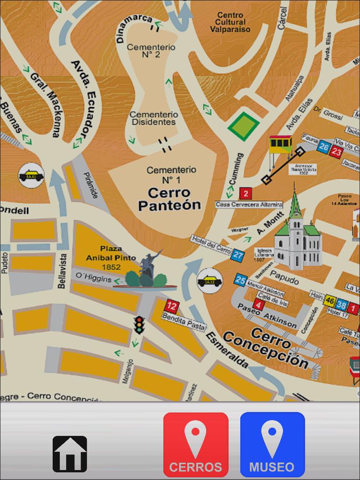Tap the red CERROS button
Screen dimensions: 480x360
[196, 444]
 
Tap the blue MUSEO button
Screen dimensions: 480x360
[272, 444]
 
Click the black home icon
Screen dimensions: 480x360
[70, 454]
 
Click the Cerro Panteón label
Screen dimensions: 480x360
[169, 199]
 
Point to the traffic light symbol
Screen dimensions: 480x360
[139, 324]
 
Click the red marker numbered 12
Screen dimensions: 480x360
[172, 307]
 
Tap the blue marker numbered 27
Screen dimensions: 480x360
[238, 255]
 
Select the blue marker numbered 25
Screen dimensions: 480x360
[240, 280]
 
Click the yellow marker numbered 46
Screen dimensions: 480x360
[330, 300]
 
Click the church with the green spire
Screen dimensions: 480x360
[297, 239]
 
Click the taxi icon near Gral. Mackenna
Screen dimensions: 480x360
[31, 175]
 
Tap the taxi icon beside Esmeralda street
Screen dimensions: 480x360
[210, 281]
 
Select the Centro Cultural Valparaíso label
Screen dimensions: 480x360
[230, 22]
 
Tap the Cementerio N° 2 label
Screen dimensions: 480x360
[144, 51]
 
